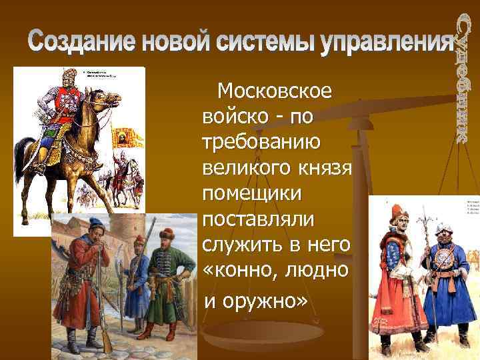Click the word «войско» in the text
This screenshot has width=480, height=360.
tap(235, 117)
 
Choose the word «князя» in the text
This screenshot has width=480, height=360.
tap(322, 169)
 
